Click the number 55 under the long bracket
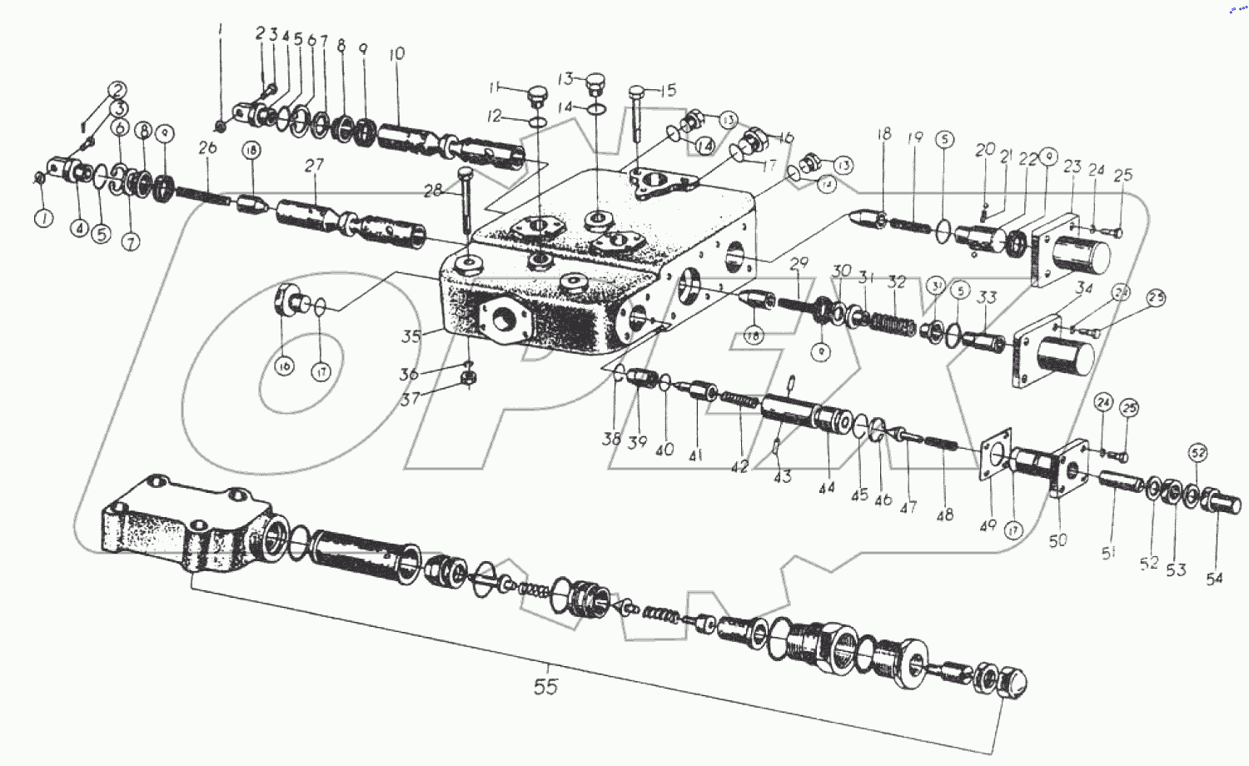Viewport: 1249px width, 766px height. click(x=545, y=687)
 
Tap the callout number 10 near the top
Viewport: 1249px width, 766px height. click(x=397, y=54)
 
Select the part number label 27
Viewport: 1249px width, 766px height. click(x=314, y=166)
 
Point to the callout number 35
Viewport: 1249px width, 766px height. click(x=411, y=336)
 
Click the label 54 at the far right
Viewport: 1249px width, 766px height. click(x=1215, y=578)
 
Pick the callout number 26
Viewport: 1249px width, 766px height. click(x=207, y=147)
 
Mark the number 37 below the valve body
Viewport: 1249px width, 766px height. click(x=410, y=399)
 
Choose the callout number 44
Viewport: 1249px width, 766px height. click(x=826, y=488)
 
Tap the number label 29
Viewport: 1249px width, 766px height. click(x=799, y=264)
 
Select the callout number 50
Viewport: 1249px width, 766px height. click(x=1057, y=540)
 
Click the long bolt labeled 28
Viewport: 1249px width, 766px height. click(x=465, y=200)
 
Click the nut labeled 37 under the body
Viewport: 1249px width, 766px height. click(x=469, y=380)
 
